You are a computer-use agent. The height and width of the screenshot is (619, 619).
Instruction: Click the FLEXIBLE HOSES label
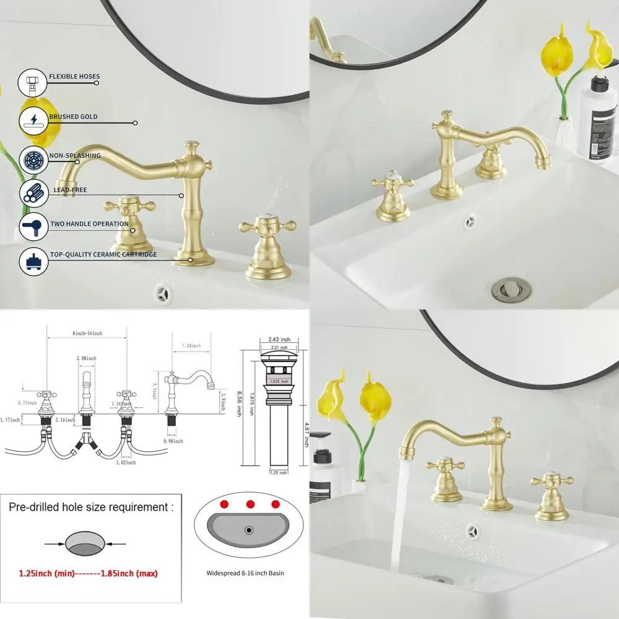[x=74, y=77]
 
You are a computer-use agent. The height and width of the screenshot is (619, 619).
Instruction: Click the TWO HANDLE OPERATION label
[x=89, y=224]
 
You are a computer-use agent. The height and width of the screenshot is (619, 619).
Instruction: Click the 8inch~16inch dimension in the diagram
[x=87, y=334]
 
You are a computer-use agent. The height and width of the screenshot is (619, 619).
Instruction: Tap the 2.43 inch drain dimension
[x=279, y=339]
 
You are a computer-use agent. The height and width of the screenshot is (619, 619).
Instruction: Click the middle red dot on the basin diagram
[x=251, y=504]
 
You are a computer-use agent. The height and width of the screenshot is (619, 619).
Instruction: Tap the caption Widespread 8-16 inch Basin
[x=245, y=573]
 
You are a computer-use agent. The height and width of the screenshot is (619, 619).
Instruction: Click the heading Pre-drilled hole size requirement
[x=91, y=507]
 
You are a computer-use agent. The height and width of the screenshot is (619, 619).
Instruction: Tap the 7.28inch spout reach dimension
[x=193, y=345]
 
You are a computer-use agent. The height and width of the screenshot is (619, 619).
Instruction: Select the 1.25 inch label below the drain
[x=279, y=472]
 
